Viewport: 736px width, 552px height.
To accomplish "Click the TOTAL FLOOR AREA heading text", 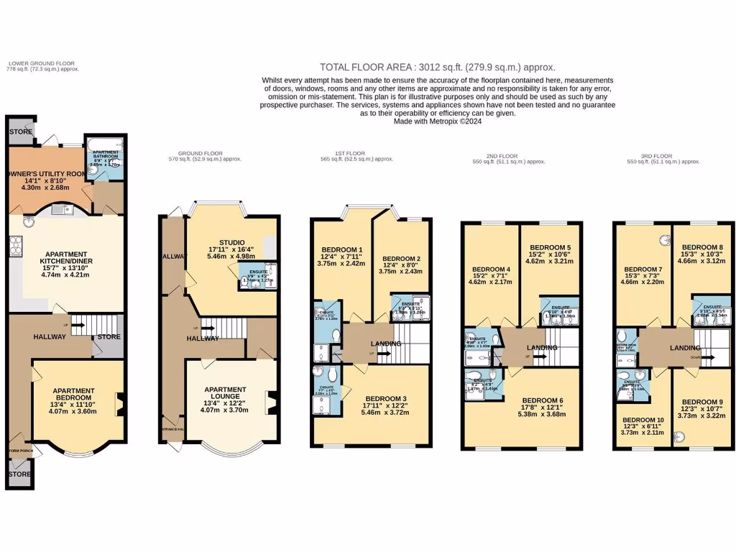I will coord(437,67).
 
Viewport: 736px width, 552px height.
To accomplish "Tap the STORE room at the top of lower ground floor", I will coord(21,132).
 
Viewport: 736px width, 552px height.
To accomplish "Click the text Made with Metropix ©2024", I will coord(437,121).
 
